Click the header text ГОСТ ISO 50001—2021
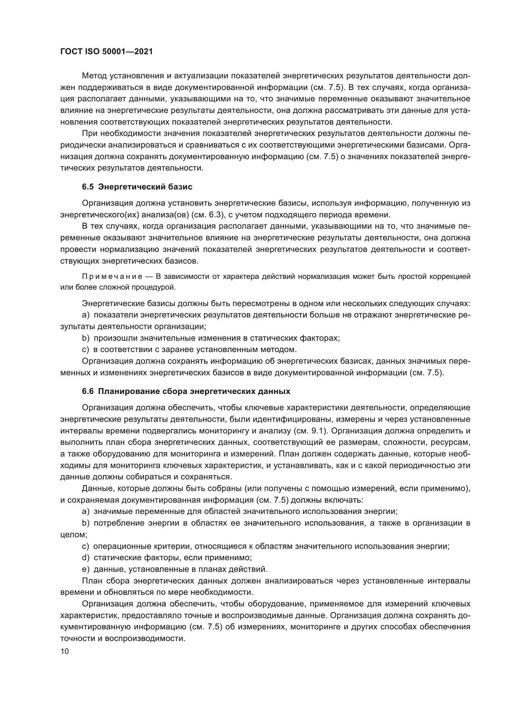106,52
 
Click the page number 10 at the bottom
64,651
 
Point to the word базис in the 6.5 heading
181,187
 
